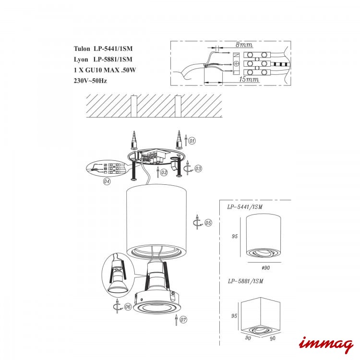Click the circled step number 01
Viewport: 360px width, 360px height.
(192, 141)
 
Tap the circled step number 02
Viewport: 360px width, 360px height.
(164, 172)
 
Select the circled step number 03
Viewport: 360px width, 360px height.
(198, 168)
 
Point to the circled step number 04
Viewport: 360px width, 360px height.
(107, 181)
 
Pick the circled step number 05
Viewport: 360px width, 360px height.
(208, 222)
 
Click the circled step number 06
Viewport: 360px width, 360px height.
(128, 307)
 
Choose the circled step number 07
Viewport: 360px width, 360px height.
(183, 320)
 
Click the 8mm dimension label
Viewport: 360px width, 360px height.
(244, 45)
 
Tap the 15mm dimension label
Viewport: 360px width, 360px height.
(249, 79)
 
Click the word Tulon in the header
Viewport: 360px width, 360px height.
(82, 48)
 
